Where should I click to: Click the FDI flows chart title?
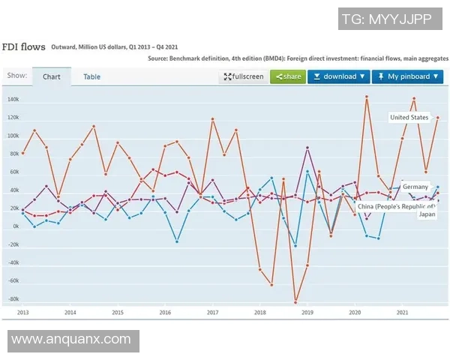(x=25, y=46)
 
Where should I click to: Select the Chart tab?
(x=51, y=76)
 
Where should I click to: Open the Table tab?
(x=91, y=76)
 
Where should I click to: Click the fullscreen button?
(x=242, y=76)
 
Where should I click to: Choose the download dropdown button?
(x=339, y=76)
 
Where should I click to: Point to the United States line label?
(x=409, y=118)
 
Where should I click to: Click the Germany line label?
(x=415, y=187)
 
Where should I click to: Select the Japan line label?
(x=426, y=214)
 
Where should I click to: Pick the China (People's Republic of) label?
(x=395, y=205)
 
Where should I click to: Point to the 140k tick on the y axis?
(x=13, y=100)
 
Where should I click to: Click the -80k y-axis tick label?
(x=13, y=299)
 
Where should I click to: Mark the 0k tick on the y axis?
(x=15, y=226)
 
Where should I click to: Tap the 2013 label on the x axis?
(x=22, y=312)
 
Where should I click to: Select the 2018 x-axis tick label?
(x=260, y=312)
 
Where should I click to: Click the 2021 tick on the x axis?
(x=403, y=312)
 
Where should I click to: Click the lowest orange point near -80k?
(x=295, y=301)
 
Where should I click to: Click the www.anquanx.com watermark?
(x=71, y=340)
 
